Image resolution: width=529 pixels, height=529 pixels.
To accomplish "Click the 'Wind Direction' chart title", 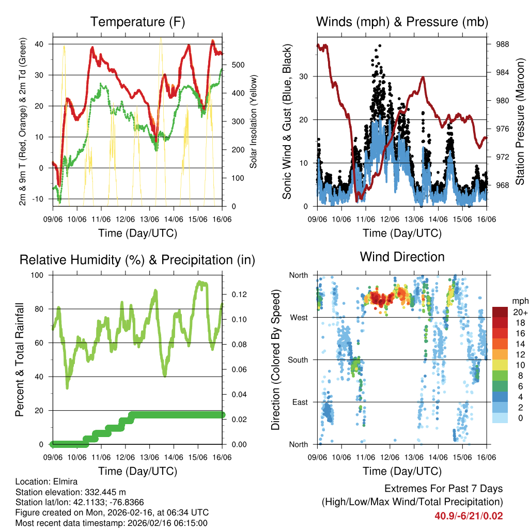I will (402, 256).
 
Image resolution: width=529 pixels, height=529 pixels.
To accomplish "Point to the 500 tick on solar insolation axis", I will (237, 65).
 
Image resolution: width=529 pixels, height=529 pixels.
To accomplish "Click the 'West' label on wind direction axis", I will (299, 317).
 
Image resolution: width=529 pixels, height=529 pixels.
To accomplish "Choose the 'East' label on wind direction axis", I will (300, 402).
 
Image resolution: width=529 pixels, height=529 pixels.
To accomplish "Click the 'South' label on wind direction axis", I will (298, 360).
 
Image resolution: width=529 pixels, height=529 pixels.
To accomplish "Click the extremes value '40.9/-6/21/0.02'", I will (469, 516).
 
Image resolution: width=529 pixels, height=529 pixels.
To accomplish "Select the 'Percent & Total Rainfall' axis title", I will (20, 360).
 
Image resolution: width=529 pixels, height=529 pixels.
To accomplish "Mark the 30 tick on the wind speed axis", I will (304, 76).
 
